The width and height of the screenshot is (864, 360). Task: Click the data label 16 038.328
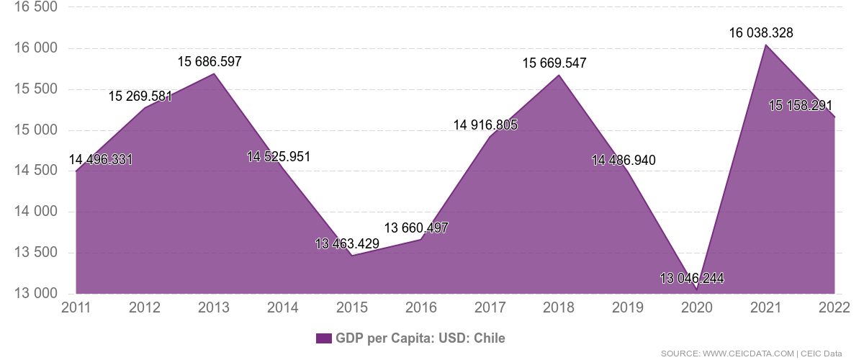pos(761,32)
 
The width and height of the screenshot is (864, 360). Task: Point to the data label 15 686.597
pos(210,62)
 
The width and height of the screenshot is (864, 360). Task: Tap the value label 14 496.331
pos(100,159)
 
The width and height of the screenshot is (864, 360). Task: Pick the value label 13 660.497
pos(416,228)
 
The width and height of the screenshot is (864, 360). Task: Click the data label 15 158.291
pos(801,106)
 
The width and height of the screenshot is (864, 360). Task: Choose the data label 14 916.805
pos(485,125)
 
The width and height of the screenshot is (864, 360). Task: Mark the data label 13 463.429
pos(347,243)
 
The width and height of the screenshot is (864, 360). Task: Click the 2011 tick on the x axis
pos(76,308)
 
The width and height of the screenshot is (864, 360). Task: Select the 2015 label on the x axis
pos(352,308)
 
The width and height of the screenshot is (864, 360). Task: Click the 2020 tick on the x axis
pos(697,308)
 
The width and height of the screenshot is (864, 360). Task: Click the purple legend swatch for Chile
pos(323,338)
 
